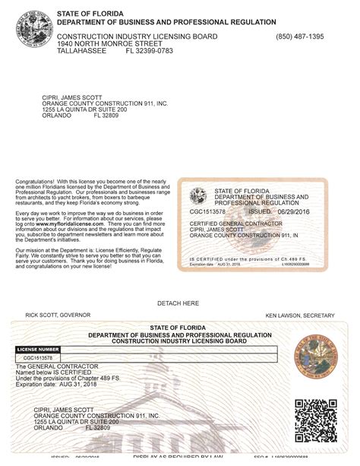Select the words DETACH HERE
178,303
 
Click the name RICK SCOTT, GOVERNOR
58,315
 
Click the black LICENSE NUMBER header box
38,349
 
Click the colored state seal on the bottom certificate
314,359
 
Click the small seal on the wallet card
198,195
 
